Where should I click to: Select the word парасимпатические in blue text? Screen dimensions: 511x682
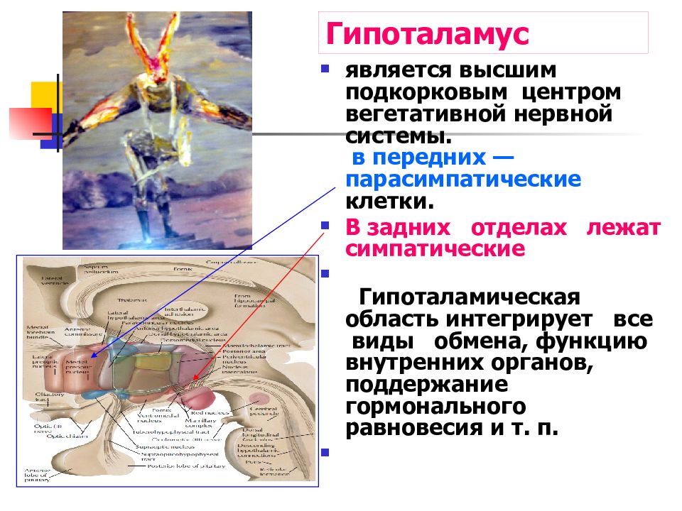click(463, 179)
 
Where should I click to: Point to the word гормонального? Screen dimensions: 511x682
click(435, 407)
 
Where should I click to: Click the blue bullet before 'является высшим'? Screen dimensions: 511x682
click(325, 70)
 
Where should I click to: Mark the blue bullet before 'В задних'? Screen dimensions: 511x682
click(325, 226)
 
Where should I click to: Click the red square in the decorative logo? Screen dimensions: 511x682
click(31, 123)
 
